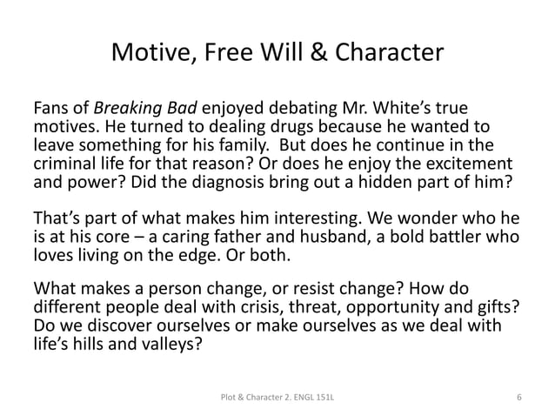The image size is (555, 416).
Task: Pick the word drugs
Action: click(256, 128)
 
